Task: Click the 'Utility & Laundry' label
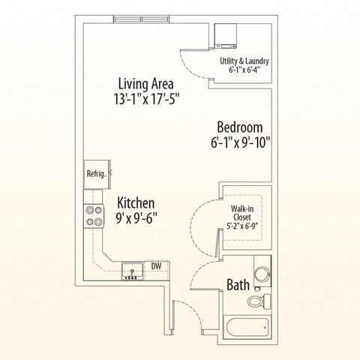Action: coord(244,61)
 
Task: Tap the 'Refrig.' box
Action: coord(95,173)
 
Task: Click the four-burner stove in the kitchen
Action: coord(94,216)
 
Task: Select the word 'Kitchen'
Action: coord(136,202)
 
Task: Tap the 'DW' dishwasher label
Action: coord(157,265)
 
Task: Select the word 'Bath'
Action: coord(238,285)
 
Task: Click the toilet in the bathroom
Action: coord(258,301)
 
